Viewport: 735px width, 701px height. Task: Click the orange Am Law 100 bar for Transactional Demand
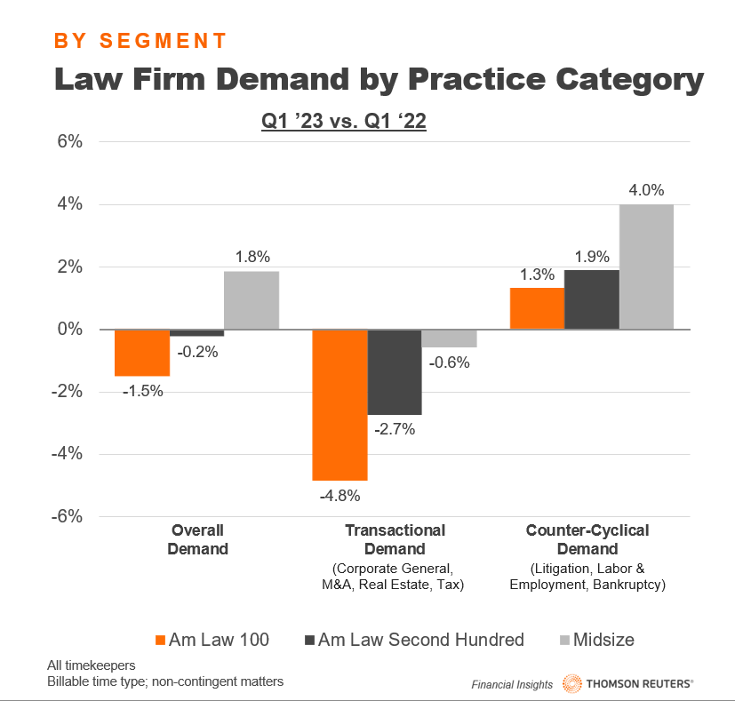pos(340,404)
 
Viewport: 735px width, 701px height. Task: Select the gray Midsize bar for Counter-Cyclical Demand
pos(646,267)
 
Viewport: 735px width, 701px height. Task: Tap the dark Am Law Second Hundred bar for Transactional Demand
pos(395,371)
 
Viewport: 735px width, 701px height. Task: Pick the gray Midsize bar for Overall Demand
pos(252,300)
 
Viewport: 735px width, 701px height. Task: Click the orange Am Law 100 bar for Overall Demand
pos(142,353)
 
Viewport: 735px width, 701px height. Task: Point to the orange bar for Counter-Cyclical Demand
pos(537,308)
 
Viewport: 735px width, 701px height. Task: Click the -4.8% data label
pos(340,495)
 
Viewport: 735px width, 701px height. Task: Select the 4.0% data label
pos(646,190)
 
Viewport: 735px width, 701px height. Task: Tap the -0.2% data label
pos(197,351)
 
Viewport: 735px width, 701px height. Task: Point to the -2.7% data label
pos(395,429)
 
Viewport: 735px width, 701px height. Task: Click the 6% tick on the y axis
pos(70,142)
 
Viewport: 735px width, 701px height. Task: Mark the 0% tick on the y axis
pos(70,330)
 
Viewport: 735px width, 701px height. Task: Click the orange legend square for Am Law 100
pos(160,640)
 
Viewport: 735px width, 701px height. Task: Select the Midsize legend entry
pos(593,640)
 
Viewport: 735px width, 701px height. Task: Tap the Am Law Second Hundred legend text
pos(420,640)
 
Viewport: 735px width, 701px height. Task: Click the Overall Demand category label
pos(198,539)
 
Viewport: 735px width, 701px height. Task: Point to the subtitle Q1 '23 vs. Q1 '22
pos(344,123)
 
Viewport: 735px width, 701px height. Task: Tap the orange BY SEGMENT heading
pos(140,41)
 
